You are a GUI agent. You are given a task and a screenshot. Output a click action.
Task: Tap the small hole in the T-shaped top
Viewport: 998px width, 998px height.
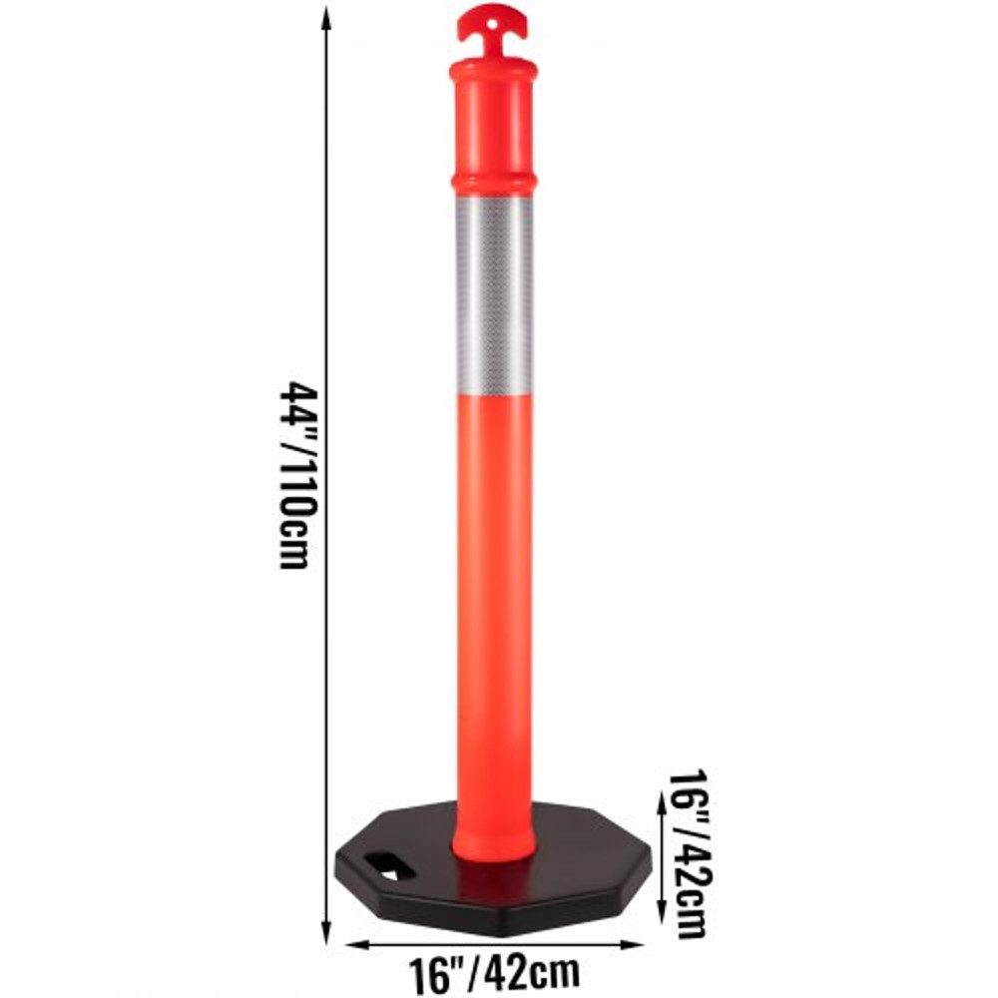(493, 15)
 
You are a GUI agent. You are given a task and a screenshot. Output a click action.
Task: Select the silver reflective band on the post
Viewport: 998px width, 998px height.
(493, 294)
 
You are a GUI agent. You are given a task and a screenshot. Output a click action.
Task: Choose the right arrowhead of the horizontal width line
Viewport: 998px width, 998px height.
(638, 944)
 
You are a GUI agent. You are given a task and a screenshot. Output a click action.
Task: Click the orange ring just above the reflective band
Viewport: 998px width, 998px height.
(493, 184)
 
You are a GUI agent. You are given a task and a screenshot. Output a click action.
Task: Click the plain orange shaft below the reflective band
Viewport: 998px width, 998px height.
(493, 599)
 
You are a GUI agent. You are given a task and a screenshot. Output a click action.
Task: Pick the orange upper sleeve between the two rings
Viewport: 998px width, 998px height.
(493, 127)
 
